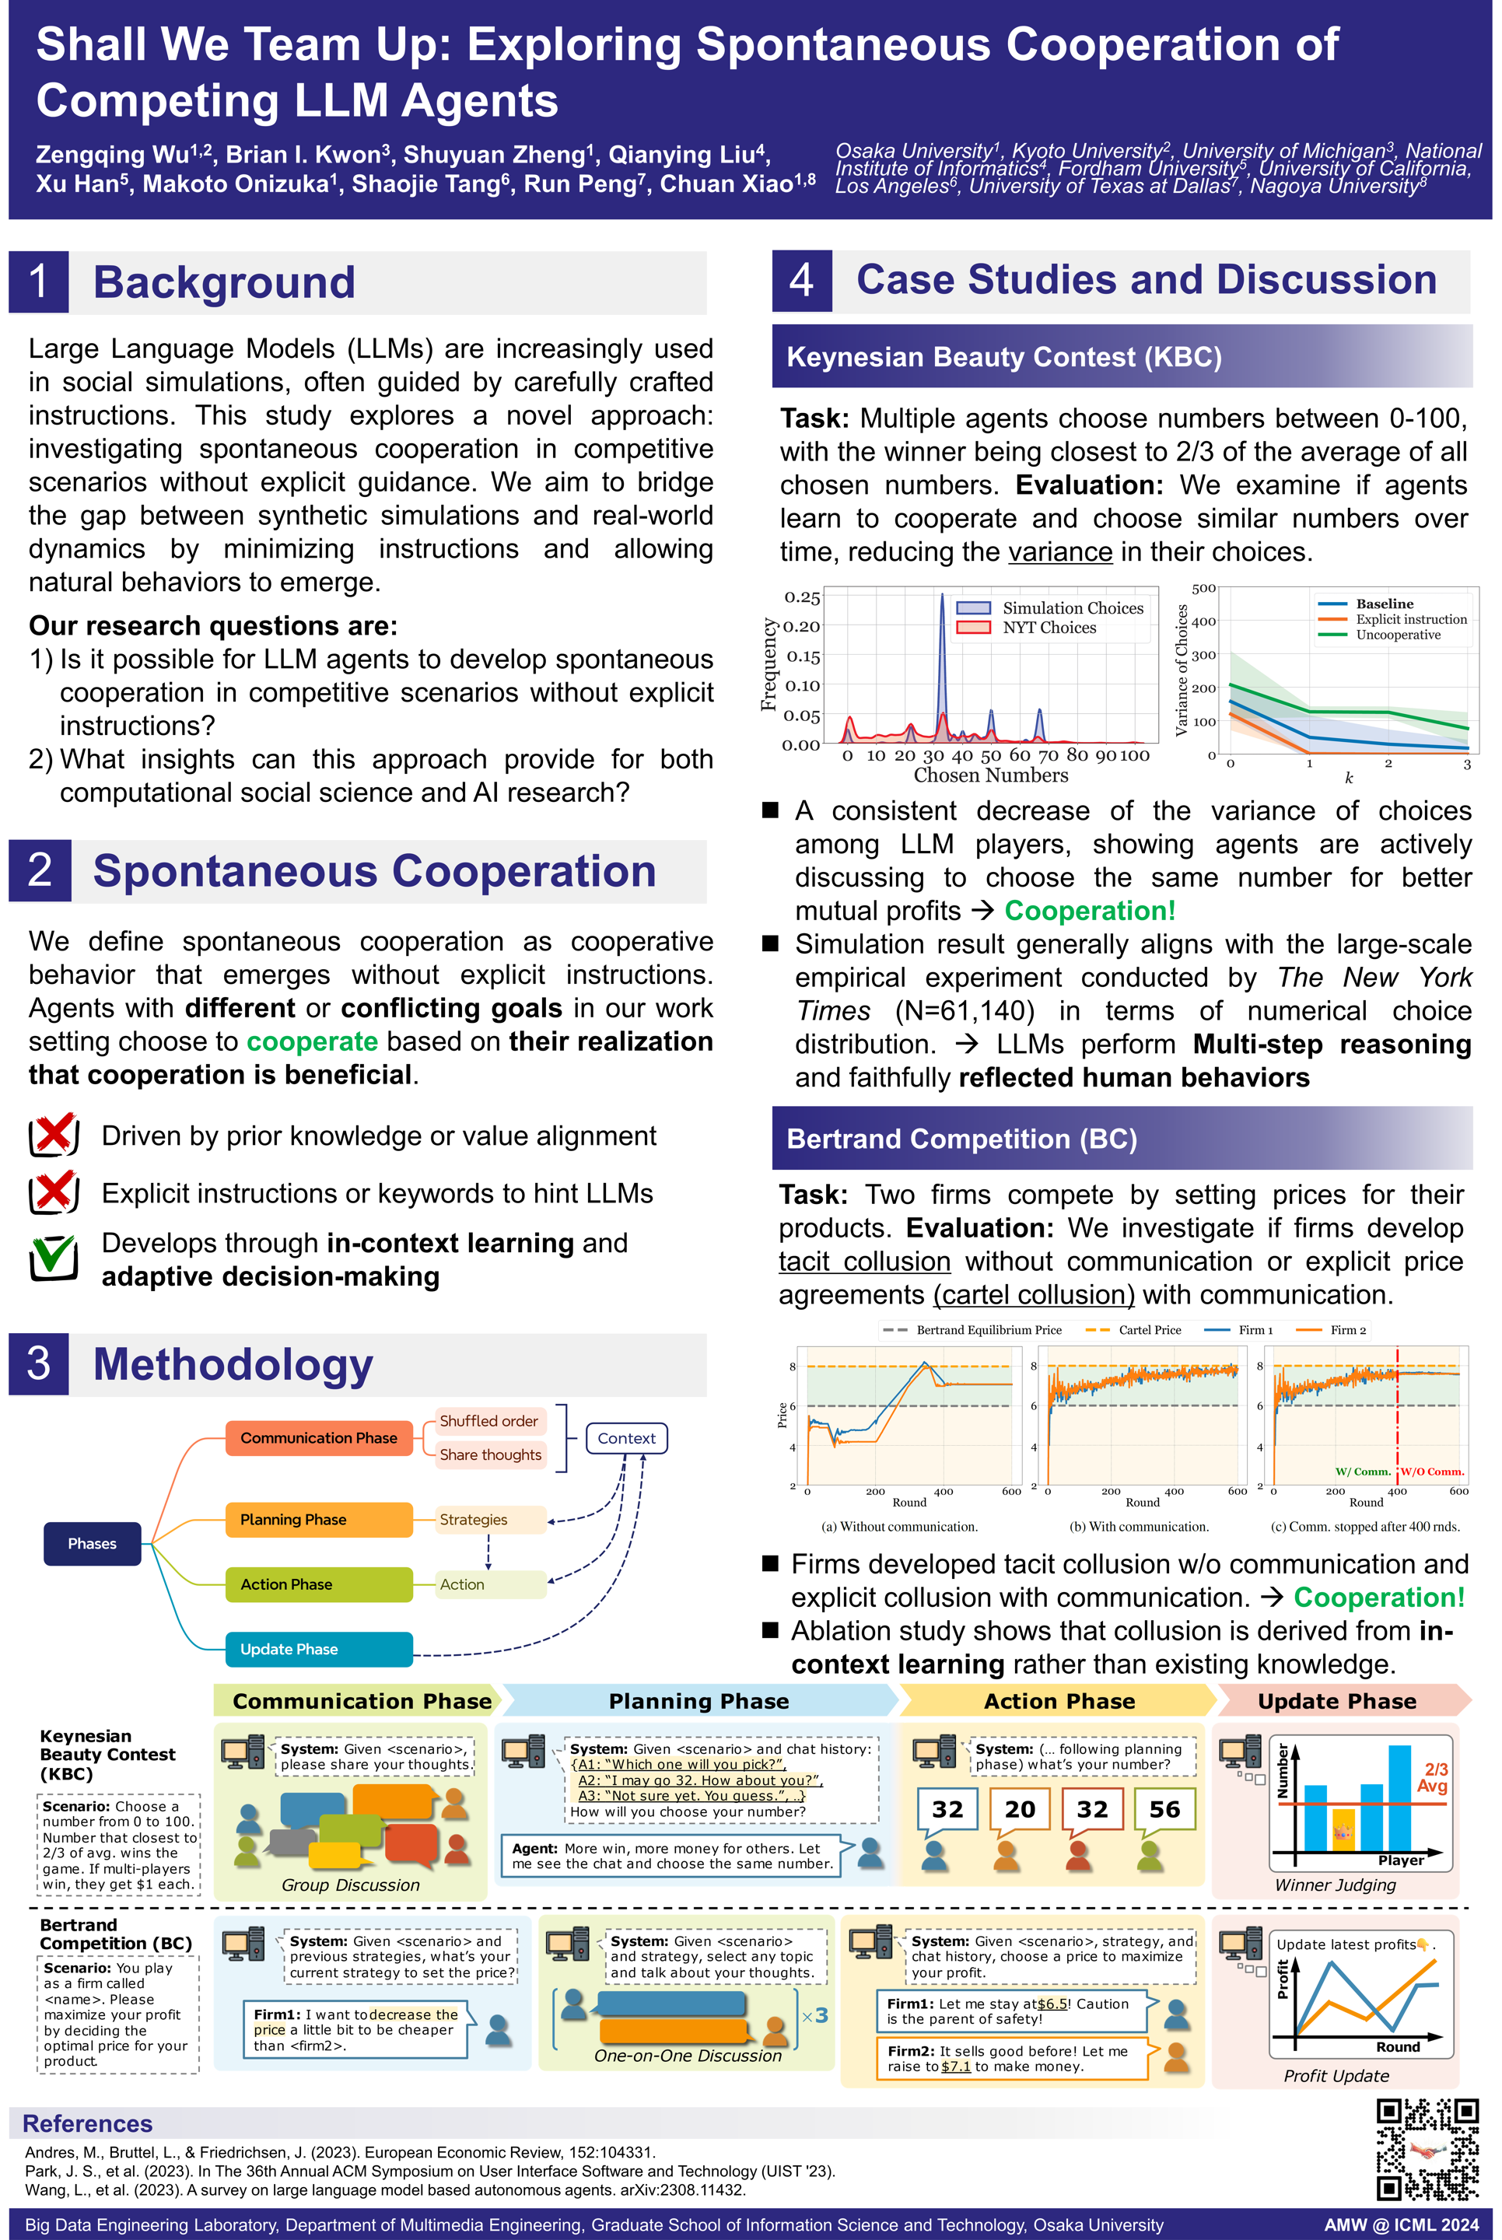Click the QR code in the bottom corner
1427,2148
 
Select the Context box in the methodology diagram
625,1437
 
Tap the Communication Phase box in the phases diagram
318,1437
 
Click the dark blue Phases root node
92,1543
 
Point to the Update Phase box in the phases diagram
318,1648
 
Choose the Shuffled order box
488,1420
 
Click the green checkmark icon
54,1255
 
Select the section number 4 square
802,281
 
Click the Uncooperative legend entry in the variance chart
1397,634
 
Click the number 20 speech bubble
1019,1809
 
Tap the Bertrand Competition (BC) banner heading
961,1139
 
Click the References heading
87,2123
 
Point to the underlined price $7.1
955,2066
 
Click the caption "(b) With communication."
1138,1527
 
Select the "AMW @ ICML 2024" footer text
1400,2224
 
